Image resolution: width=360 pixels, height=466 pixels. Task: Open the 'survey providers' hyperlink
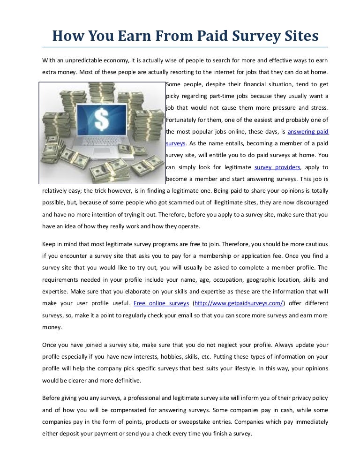click(277, 167)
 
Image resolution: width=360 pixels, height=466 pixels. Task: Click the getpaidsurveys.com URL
click(239, 303)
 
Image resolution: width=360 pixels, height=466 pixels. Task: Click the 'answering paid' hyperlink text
click(308, 132)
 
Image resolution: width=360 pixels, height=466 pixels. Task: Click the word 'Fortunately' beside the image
click(182, 120)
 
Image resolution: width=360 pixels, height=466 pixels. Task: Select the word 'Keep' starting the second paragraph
click(49, 244)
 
